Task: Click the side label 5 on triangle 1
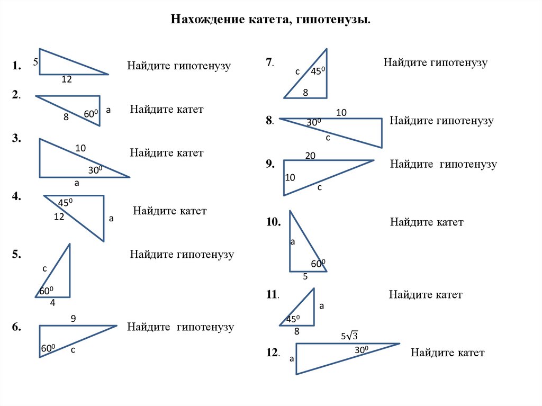pyautogui.click(x=35, y=62)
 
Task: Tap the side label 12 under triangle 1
pyautogui.click(x=66, y=80)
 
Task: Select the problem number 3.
pyautogui.click(x=17, y=138)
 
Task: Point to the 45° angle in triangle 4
pyautogui.click(x=65, y=203)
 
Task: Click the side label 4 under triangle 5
pyautogui.click(x=52, y=303)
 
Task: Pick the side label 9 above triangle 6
pyautogui.click(x=73, y=319)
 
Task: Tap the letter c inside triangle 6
pyautogui.click(x=73, y=350)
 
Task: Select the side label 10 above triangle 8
pyautogui.click(x=341, y=112)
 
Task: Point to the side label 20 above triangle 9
pyautogui.click(x=310, y=155)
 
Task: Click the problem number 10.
pyautogui.click(x=273, y=222)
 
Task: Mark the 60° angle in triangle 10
pyautogui.click(x=318, y=264)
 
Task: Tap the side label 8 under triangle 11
pyautogui.click(x=296, y=332)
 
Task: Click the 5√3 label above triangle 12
pyautogui.click(x=349, y=336)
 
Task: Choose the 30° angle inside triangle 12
pyautogui.click(x=362, y=349)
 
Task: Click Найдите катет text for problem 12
pyautogui.click(x=447, y=353)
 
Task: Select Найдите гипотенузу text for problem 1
pyautogui.click(x=179, y=66)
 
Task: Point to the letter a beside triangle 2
pyautogui.click(x=108, y=110)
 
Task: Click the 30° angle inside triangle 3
pyautogui.click(x=95, y=170)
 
